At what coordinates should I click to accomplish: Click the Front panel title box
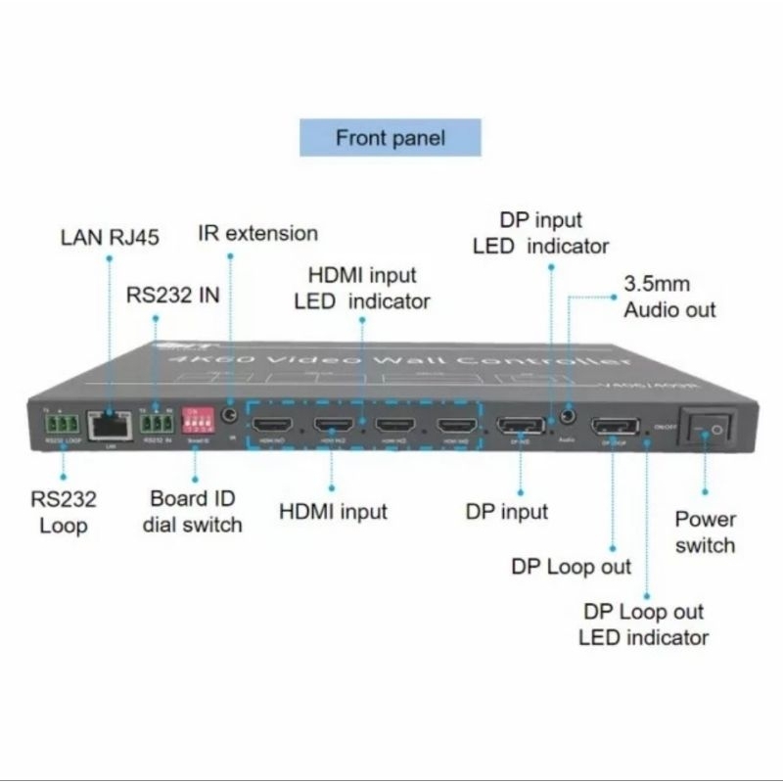click(x=391, y=137)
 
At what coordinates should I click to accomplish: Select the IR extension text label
click(x=258, y=233)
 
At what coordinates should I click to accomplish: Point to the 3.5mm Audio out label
click(x=669, y=297)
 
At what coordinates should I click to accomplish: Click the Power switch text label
click(x=705, y=530)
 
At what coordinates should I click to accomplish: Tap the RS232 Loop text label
click(x=64, y=512)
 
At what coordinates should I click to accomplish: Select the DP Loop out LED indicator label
click(x=643, y=624)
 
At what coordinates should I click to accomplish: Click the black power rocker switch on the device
click(x=712, y=431)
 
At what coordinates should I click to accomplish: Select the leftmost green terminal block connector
click(x=60, y=424)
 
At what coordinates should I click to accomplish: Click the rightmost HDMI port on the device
click(x=456, y=427)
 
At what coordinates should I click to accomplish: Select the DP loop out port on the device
click(x=613, y=428)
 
